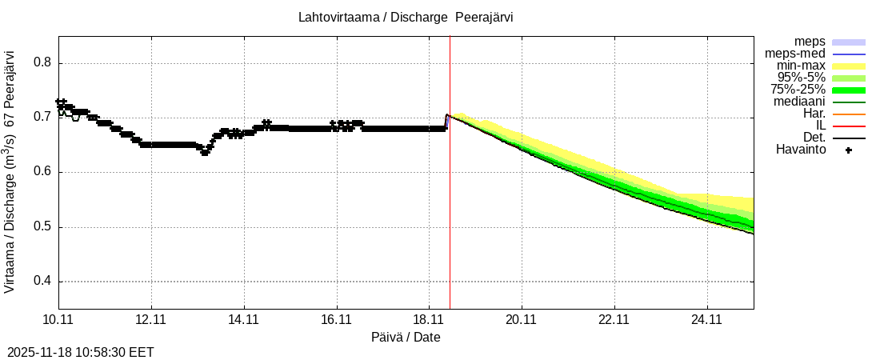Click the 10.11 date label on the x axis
tap(58, 320)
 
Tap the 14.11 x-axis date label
tap(244, 320)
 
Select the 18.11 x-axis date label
tap(430, 320)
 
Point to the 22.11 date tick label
tap(614, 320)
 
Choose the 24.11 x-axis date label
tap(707, 320)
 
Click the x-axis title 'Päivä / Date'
tap(406, 337)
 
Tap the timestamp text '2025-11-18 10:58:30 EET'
tap(80, 352)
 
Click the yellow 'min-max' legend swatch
tap(849, 66)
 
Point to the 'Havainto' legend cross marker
tap(849, 150)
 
